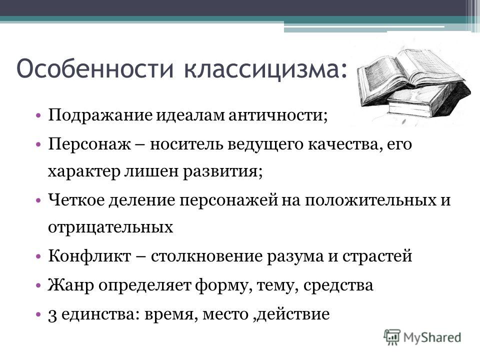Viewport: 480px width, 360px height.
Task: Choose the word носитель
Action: point(186,144)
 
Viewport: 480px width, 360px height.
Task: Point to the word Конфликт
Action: point(89,256)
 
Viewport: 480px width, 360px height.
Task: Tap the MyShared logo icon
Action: point(392,337)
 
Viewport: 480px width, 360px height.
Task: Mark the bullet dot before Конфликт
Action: point(38,257)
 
